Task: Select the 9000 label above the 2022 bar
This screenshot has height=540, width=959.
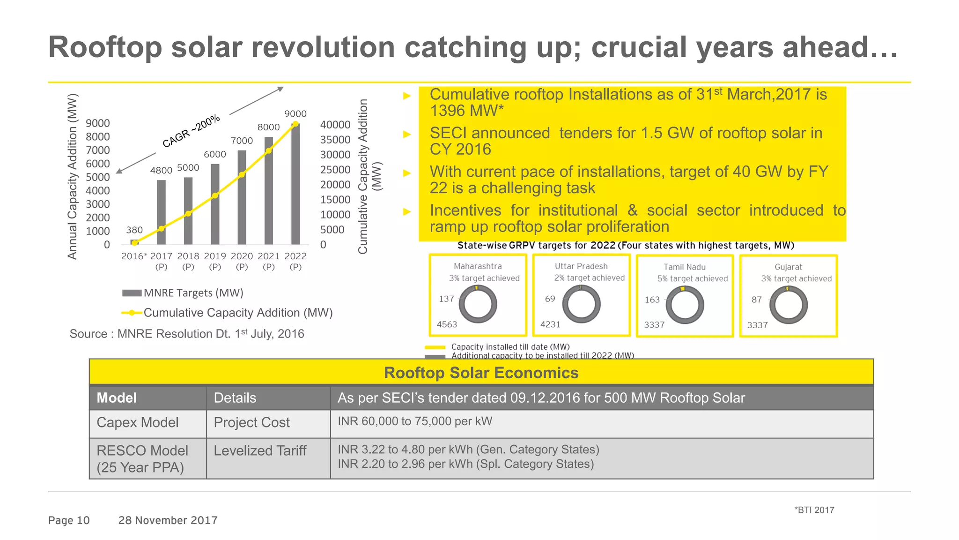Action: pyautogui.click(x=295, y=114)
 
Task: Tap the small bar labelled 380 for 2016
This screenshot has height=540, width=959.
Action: pyautogui.click(x=134, y=242)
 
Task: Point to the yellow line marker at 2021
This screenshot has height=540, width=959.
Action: pyautogui.click(x=269, y=151)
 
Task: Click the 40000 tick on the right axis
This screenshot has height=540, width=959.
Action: pyautogui.click(x=335, y=125)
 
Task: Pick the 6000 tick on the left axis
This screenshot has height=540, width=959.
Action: pyautogui.click(x=98, y=164)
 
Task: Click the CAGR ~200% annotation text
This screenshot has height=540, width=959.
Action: pyautogui.click(x=191, y=131)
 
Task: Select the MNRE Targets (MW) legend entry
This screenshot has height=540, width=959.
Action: pyautogui.click(x=183, y=293)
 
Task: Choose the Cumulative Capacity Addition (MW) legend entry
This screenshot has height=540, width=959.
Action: pyautogui.click(x=227, y=313)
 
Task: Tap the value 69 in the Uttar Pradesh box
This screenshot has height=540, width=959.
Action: pyautogui.click(x=550, y=299)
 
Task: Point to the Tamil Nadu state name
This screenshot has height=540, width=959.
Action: pyautogui.click(x=684, y=267)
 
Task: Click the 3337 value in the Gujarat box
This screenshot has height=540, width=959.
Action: pyautogui.click(x=757, y=325)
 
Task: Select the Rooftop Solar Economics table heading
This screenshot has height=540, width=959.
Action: pyautogui.click(x=481, y=373)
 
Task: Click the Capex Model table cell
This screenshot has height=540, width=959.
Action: pyautogui.click(x=138, y=422)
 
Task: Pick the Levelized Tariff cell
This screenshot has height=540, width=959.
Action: pyautogui.click(x=260, y=450)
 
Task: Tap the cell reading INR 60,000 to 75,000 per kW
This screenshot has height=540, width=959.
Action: pyautogui.click(x=415, y=421)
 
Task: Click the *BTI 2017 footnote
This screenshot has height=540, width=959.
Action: pyautogui.click(x=814, y=510)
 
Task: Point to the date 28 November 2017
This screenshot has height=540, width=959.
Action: pyautogui.click(x=168, y=520)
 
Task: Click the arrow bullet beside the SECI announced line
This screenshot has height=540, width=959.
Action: pyautogui.click(x=407, y=135)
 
